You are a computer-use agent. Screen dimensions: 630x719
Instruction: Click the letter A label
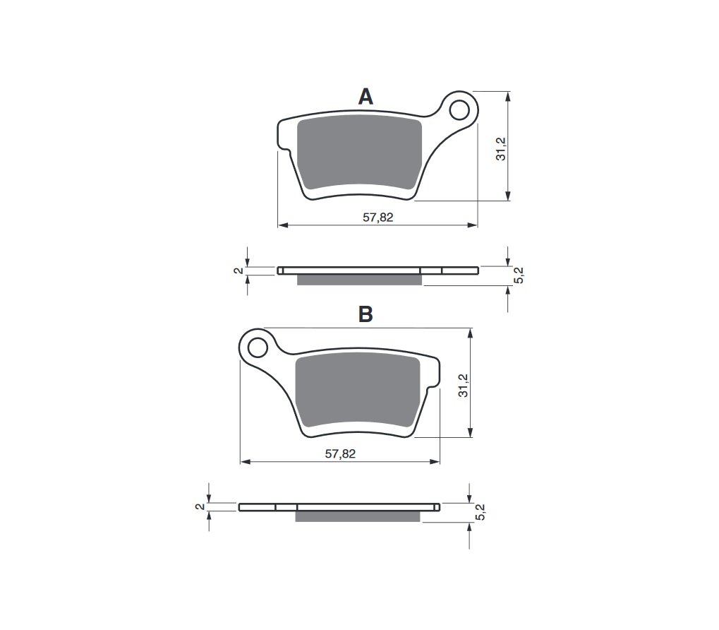point(365,97)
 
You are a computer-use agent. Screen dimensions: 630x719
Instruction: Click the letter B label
point(365,314)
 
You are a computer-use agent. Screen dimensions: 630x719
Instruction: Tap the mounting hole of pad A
point(459,110)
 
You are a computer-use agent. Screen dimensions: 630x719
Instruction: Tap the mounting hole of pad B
point(258,347)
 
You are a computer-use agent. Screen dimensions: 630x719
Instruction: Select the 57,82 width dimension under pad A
point(378,218)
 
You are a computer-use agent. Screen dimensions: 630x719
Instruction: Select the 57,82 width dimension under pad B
point(340,454)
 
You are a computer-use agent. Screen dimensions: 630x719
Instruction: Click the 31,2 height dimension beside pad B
point(463,385)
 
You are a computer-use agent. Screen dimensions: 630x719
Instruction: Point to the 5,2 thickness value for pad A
point(519,275)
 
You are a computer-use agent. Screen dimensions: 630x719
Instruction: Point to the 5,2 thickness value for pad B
point(481,512)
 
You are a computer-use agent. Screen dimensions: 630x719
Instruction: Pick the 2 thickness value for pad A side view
point(238,270)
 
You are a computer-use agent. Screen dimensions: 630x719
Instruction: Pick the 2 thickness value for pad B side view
point(200,506)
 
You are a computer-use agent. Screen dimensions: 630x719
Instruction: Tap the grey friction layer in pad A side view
point(359,280)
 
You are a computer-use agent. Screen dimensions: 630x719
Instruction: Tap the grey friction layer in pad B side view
point(357,516)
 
